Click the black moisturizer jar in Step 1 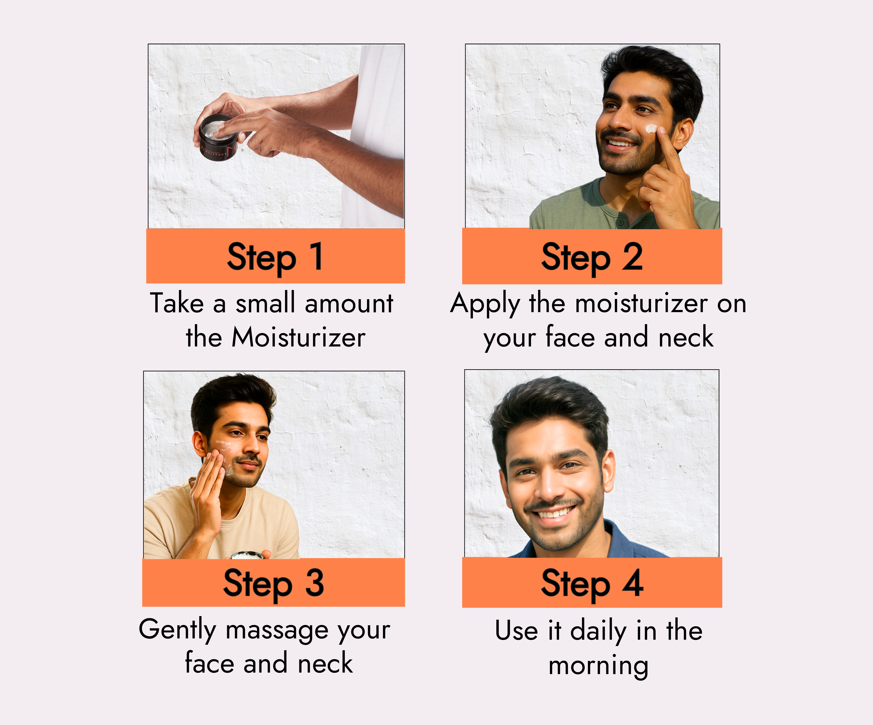[217, 137]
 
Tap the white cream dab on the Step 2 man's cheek [651, 128]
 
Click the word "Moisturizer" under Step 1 [298, 337]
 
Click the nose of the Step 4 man [548, 486]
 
